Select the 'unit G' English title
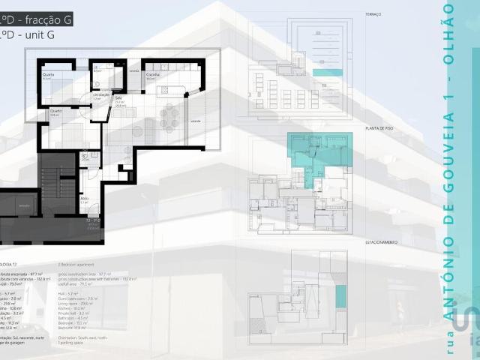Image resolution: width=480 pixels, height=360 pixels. click(x=34, y=35)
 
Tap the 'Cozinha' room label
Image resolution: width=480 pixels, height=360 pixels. click(x=153, y=76)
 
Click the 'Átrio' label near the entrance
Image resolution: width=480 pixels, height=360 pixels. click(x=84, y=199)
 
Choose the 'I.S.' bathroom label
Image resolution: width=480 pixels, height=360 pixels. click(x=97, y=67)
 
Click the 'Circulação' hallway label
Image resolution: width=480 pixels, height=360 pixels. click(x=101, y=95)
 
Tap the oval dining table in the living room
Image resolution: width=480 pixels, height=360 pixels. click(x=169, y=116)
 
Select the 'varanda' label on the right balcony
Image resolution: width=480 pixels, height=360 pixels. click(x=195, y=121)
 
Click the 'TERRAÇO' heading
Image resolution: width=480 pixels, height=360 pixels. click(x=373, y=14)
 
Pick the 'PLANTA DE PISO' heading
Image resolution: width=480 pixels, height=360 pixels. click(x=379, y=128)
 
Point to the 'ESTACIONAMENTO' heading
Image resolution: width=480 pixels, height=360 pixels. click(x=381, y=242)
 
